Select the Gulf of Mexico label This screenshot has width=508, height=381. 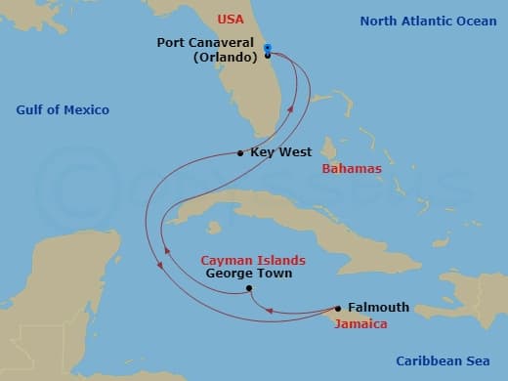click(63, 109)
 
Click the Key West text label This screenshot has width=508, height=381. click(281, 152)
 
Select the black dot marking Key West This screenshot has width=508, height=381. click(240, 152)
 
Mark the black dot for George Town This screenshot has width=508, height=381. click(249, 288)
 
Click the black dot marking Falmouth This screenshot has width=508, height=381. click(338, 307)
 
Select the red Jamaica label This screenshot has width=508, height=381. click(360, 322)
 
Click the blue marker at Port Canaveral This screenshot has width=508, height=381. click(267, 46)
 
